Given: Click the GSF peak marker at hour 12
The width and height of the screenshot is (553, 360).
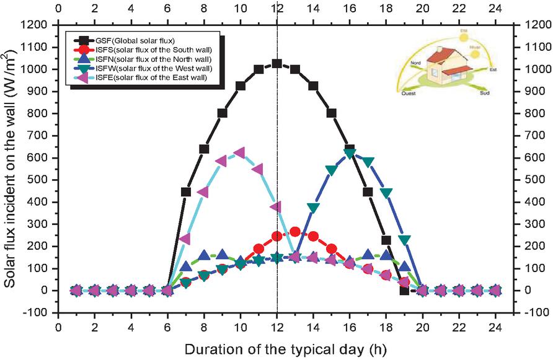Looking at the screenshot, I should tap(277, 63).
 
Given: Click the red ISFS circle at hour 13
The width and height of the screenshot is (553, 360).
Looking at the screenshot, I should tap(295, 231).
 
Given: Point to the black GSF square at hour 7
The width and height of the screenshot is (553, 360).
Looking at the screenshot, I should tap(185, 191).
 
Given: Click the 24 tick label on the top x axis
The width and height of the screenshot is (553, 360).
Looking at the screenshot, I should tap(495, 9).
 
